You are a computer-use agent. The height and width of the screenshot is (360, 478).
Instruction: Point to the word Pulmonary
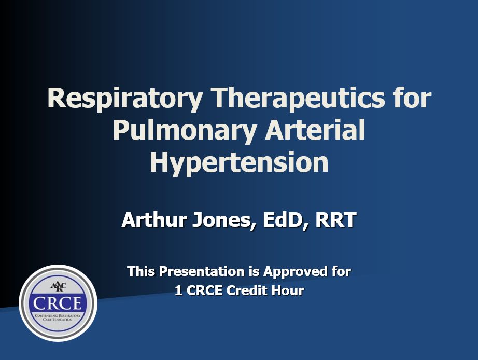pyautogui.click(x=184, y=130)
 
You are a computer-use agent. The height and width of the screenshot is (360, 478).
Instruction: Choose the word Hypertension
pyautogui.click(x=239, y=162)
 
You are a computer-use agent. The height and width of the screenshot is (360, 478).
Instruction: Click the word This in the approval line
pyautogui.click(x=141, y=271)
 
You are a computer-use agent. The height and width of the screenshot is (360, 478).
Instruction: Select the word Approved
pyautogui.click(x=293, y=271)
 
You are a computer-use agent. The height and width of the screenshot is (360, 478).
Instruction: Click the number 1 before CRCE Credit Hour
pyautogui.click(x=178, y=291)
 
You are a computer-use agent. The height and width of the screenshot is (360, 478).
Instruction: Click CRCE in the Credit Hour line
pyautogui.click(x=204, y=291)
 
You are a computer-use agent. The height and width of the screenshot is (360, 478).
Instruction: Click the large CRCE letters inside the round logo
pyautogui.click(x=58, y=303)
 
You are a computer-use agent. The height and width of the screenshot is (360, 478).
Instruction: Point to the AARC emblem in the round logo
pyautogui.click(x=58, y=286)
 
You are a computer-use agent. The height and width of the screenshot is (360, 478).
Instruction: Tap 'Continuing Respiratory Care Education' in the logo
pyautogui.click(x=58, y=317)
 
